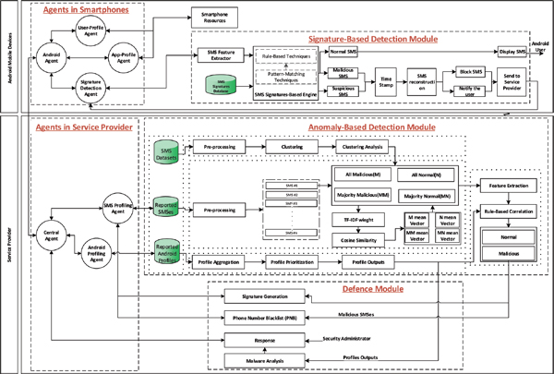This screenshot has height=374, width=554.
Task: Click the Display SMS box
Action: tap(514, 54)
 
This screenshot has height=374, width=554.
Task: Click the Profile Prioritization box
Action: tap(288, 264)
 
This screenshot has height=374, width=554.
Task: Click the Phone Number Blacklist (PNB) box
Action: tap(265, 317)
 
